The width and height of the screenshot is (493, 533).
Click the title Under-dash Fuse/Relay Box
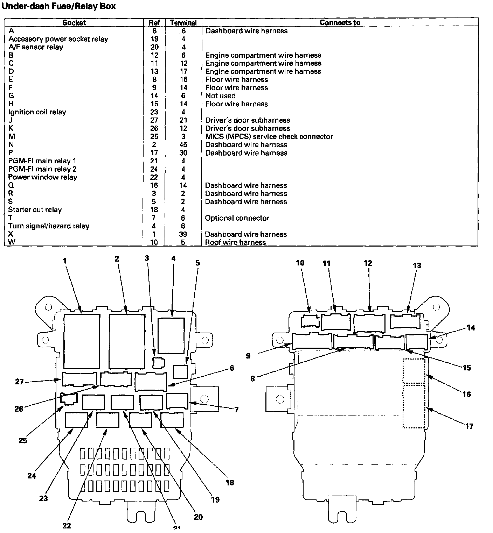[59, 6]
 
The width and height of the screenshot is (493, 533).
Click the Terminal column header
[183, 23]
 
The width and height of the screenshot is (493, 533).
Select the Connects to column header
[340, 23]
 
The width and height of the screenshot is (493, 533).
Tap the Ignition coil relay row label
[37, 112]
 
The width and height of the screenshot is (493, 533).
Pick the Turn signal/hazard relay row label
[49, 226]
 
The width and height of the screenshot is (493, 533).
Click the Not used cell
[220, 96]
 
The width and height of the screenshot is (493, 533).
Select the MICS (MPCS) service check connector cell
[269, 137]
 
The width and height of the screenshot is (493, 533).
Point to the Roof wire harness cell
[235, 242]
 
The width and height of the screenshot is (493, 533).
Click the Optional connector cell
[237, 218]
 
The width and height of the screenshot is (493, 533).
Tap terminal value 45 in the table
[183, 145]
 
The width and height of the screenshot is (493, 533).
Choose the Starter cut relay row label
[35, 210]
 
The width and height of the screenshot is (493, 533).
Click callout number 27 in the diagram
[19, 382]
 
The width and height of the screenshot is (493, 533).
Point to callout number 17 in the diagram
[469, 426]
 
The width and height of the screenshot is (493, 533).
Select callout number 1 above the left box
[65, 261]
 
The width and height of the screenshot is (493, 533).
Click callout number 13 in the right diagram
[417, 266]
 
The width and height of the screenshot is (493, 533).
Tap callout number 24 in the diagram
[32, 476]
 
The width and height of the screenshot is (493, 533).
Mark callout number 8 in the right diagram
[252, 378]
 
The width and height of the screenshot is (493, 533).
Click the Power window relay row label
[43, 177]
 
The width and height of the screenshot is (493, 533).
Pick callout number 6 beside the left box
[232, 368]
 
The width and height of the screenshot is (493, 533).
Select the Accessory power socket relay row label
[58, 39]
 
